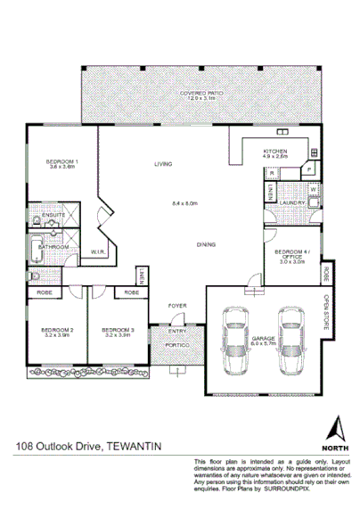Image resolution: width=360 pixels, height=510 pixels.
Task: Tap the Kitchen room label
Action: click(x=274, y=152)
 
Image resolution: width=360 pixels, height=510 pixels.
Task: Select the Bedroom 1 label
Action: click(x=62, y=160)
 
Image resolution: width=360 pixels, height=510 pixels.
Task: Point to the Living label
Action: click(x=162, y=164)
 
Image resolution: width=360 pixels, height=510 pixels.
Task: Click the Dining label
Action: click(x=208, y=243)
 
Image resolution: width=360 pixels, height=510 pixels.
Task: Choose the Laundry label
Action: click(x=295, y=202)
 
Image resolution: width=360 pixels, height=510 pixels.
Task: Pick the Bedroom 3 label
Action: click(x=118, y=331)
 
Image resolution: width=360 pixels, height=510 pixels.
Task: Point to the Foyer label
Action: click(x=178, y=306)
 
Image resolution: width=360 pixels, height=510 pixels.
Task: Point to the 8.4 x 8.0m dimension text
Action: click(x=184, y=204)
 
